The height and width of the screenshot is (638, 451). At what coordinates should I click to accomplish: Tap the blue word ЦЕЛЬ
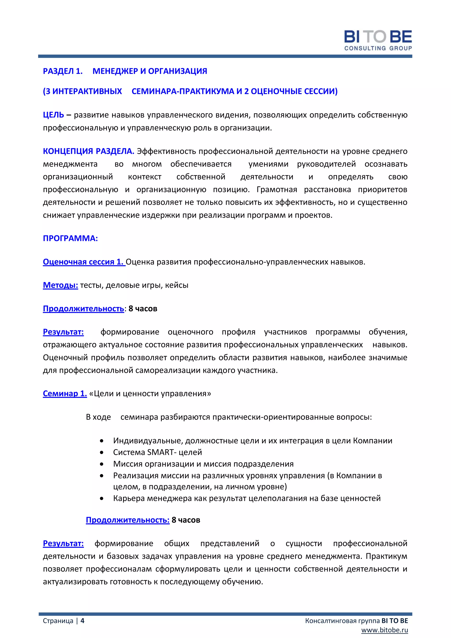[53, 115]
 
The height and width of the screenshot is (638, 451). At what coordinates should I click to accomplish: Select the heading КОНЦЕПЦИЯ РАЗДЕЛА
[88, 151]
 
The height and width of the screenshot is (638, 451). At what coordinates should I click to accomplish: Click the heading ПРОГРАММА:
[70, 238]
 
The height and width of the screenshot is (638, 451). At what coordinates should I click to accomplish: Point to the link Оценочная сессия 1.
[84, 262]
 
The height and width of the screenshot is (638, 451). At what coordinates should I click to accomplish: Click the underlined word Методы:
[60, 285]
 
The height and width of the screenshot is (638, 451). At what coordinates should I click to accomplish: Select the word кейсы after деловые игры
[177, 285]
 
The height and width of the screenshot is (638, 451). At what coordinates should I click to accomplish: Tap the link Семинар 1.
[65, 393]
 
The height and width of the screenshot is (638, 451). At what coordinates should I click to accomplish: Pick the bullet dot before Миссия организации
[102, 464]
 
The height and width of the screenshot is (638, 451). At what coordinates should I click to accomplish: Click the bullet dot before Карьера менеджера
[102, 498]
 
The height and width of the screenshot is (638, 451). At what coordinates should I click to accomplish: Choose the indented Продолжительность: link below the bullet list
[128, 520]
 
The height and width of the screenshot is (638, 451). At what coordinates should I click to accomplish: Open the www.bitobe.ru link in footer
[385, 630]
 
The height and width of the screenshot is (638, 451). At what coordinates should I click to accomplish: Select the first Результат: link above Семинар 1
[63, 332]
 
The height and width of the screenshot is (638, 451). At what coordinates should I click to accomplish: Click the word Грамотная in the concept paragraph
[277, 189]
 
